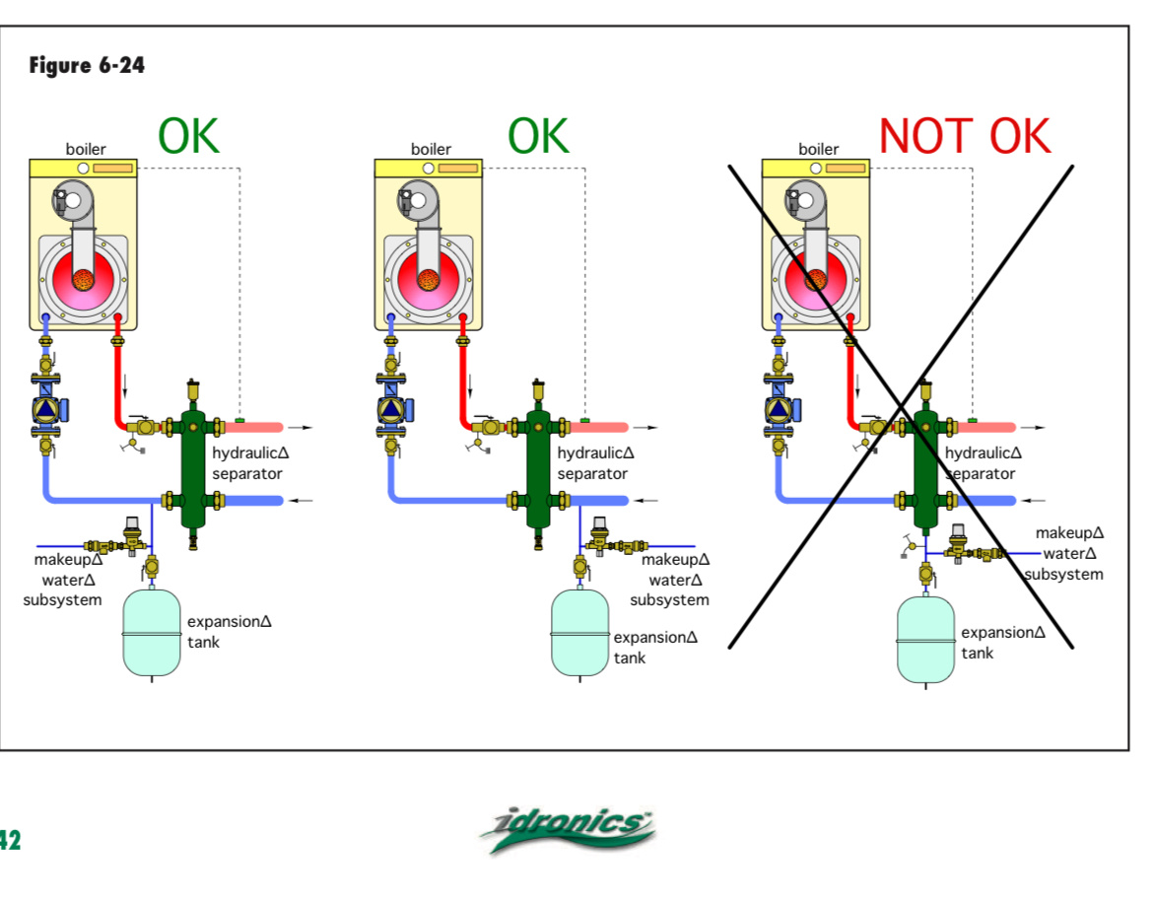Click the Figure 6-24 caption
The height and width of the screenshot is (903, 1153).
[x=87, y=66]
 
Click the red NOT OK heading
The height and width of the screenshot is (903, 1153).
[x=965, y=135]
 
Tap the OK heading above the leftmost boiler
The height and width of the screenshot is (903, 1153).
[x=189, y=135]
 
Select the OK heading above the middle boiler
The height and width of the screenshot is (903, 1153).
[x=538, y=135]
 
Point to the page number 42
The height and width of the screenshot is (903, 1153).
[x=10, y=840]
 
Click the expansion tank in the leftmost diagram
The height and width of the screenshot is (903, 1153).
[x=152, y=632]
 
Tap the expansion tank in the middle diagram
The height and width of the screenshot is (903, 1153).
[x=579, y=632]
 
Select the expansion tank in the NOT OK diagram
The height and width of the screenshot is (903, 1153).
[x=925, y=640]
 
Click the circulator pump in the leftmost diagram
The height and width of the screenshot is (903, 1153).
[x=46, y=407]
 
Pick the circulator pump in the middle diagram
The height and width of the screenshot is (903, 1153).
[x=392, y=407]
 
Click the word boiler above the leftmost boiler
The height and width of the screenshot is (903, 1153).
[x=86, y=150]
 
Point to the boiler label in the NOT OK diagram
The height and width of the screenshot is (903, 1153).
[x=818, y=150]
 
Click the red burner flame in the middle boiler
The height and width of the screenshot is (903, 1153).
[x=427, y=279]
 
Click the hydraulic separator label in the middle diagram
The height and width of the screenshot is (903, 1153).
[x=593, y=463]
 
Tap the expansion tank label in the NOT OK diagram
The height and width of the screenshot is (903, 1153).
[x=1003, y=643]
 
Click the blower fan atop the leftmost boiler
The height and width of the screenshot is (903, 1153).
[x=71, y=199]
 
